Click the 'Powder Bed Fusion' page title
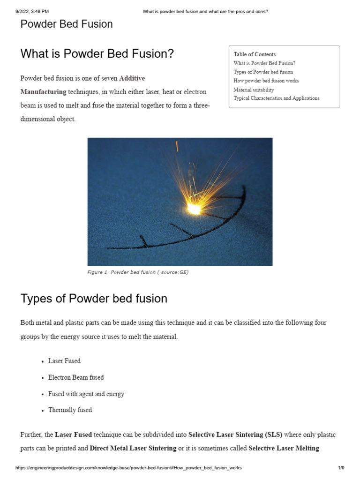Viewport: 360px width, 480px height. coord(67,24)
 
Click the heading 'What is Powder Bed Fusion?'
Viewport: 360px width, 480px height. coord(97,54)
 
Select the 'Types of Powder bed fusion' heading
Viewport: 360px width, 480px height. coord(94,298)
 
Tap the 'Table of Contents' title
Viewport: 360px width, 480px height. coord(255,54)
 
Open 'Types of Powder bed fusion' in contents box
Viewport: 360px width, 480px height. coord(263,72)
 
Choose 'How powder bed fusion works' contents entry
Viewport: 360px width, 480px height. coord(266,81)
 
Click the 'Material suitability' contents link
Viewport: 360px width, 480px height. coord(254,90)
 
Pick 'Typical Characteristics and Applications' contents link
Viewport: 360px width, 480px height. coord(276,98)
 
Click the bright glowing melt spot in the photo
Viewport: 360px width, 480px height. coord(193,206)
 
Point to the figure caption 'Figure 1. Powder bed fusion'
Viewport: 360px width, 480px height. coord(138,272)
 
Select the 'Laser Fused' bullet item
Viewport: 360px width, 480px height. coord(64,361)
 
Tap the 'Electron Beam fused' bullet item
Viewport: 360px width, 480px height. coord(76,377)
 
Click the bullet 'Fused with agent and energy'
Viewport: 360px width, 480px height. coord(86,394)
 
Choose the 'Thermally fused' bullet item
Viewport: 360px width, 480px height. coord(70,410)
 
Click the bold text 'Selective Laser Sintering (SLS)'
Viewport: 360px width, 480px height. coord(235,435)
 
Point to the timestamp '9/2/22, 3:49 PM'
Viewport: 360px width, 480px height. coord(32,12)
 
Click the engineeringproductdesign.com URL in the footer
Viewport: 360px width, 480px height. coord(128,468)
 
